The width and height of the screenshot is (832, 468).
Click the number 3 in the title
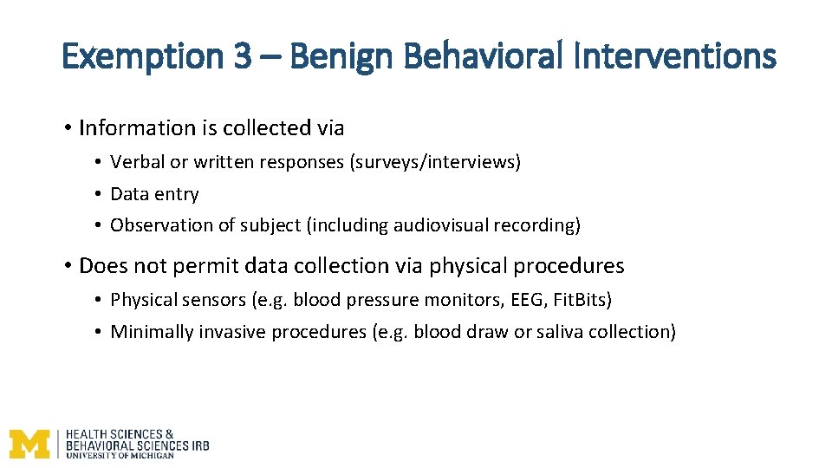click(x=242, y=58)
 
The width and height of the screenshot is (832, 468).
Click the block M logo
click(x=29, y=443)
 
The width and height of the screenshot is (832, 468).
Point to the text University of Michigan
click(x=120, y=455)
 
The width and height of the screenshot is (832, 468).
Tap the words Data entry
click(x=154, y=194)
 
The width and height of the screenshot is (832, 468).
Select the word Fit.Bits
click(x=582, y=300)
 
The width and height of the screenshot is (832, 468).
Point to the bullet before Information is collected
click(x=67, y=128)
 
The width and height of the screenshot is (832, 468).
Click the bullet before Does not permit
click(x=67, y=265)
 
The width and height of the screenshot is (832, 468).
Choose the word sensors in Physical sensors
click(x=214, y=300)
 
